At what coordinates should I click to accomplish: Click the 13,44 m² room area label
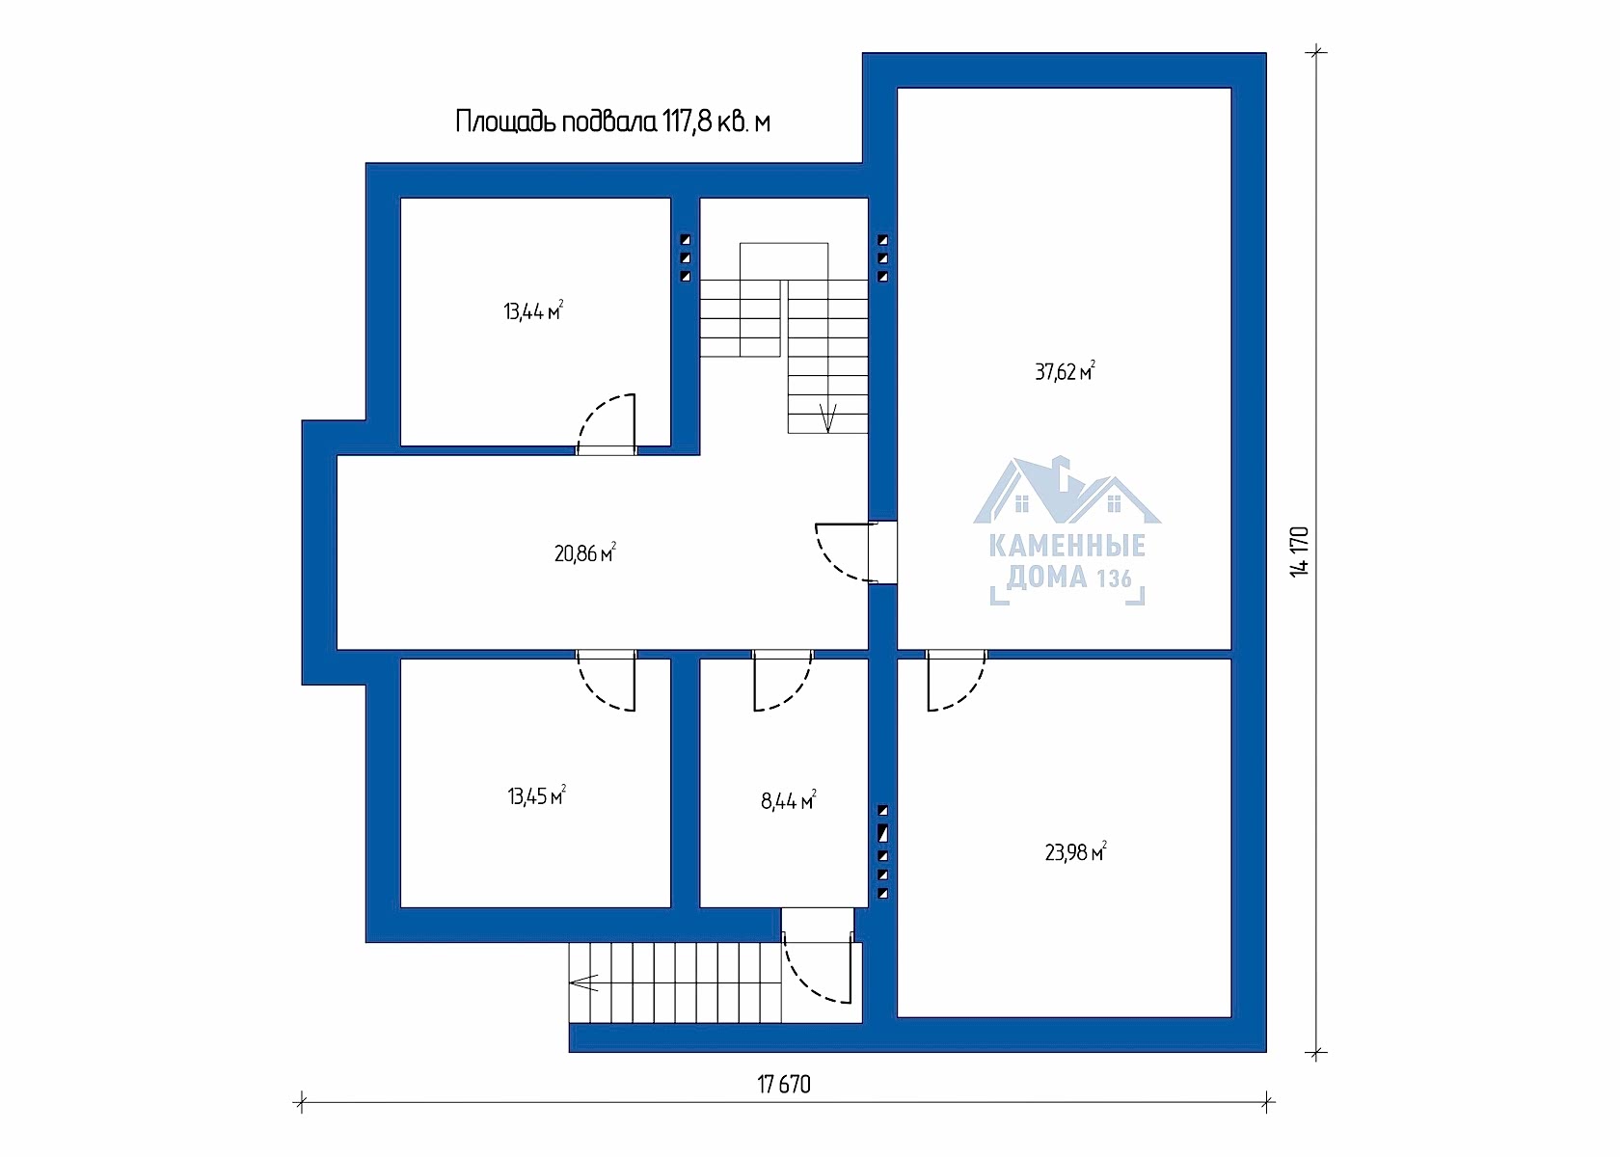click(x=533, y=310)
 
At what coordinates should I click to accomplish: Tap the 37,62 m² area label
click(x=1065, y=372)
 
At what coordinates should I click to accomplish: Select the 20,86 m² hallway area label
click(x=585, y=553)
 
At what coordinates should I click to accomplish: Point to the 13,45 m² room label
click(x=536, y=796)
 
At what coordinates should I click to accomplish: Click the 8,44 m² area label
click(x=789, y=800)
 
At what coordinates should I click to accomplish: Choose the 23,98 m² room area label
click(x=1075, y=852)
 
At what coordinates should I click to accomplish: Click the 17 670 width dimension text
click(x=784, y=1085)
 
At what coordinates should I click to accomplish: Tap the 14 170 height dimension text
click(x=1299, y=552)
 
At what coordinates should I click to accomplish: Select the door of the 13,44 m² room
click(x=606, y=425)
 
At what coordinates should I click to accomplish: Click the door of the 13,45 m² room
click(x=606, y=680)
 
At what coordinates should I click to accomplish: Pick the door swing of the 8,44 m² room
click(x=783, y=680)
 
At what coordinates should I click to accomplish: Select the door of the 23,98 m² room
click(x=957, y=680)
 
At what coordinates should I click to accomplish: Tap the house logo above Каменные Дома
click(x=1066, y=490)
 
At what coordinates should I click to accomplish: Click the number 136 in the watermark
click(x=1114, y=578)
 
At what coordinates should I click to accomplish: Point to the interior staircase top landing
click(x=784, y=262)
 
